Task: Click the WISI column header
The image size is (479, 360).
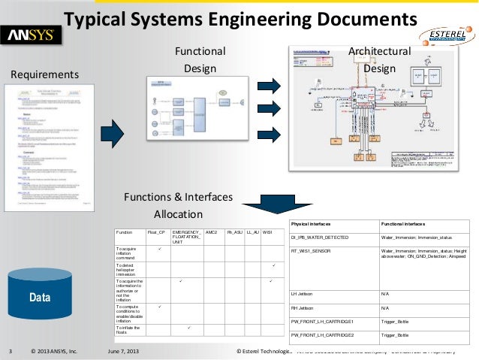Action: (x=267, y=233)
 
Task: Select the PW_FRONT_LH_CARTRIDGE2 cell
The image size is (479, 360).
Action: (x=332, y=334)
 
